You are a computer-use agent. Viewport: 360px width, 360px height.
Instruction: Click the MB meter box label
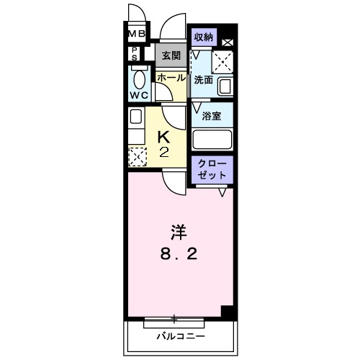(137, 34)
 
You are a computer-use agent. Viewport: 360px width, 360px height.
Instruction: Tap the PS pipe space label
(135, 54)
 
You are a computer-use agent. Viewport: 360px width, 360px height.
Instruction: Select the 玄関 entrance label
(171, 55)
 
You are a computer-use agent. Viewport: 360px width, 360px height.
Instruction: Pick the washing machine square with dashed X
(222, 63)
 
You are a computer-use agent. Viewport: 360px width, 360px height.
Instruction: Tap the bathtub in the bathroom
(212, 139)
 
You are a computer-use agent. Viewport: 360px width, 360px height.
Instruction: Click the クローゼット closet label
(212, 170)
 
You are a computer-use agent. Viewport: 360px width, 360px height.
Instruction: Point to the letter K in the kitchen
(163, 136)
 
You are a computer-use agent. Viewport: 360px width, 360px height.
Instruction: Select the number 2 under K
(163, 152)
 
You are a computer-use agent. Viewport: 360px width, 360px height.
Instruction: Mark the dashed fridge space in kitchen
(137, 155)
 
